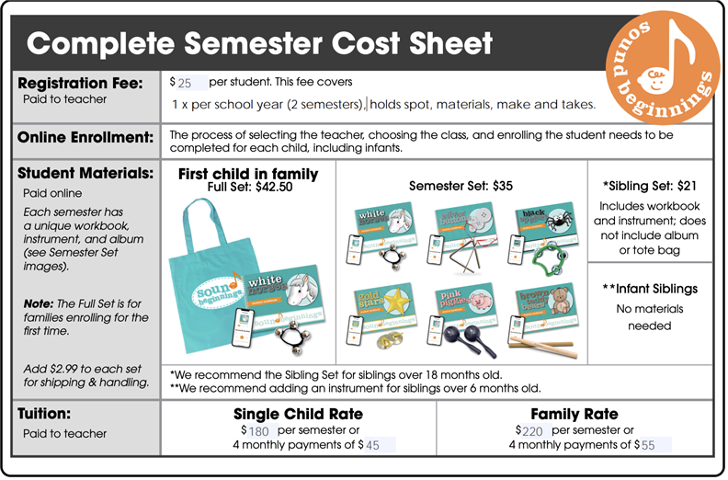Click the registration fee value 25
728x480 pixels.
pos(187,83)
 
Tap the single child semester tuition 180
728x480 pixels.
pos(259,430)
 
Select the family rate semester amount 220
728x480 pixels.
pos(536,430)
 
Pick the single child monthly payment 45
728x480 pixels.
pos(373,445)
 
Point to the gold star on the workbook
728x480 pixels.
pos(396,303)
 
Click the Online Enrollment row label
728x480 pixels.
pos(85,138)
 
